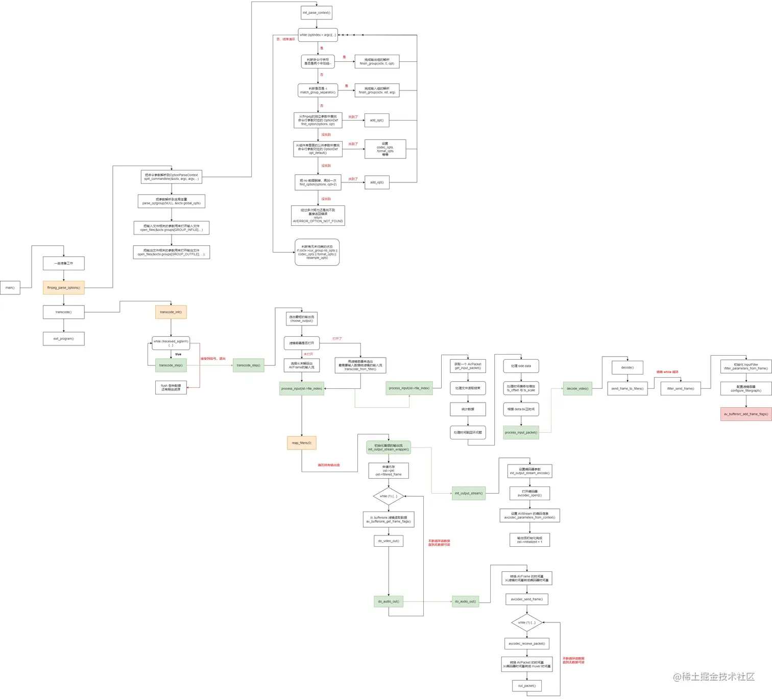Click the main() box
(x=10, y=288)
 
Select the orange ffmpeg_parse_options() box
(x=63, y=288)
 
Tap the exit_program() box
(x=63, y=339)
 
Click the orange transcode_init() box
(x=171, y=312)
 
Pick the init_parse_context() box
(x=316, y=13)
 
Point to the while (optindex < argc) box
(x=318, y=35)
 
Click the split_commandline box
(x=171, y=177)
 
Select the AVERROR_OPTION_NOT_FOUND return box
(x=318, y=216)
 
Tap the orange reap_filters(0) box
(x=301, y=443)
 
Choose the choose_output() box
(x=301, y=319)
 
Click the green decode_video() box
(x=577, y=388)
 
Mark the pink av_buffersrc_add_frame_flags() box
(x=745, y=414)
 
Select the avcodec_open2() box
(x=529, y=493)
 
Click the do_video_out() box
(x=388, y=541)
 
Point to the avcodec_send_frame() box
(x=526, y=599)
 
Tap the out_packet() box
(x=526, y=686)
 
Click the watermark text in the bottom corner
(x=713, y=677)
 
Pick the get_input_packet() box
(x=468, y=366)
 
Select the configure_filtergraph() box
(x=745, y=388)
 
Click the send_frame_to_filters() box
(x=627, y=388)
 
